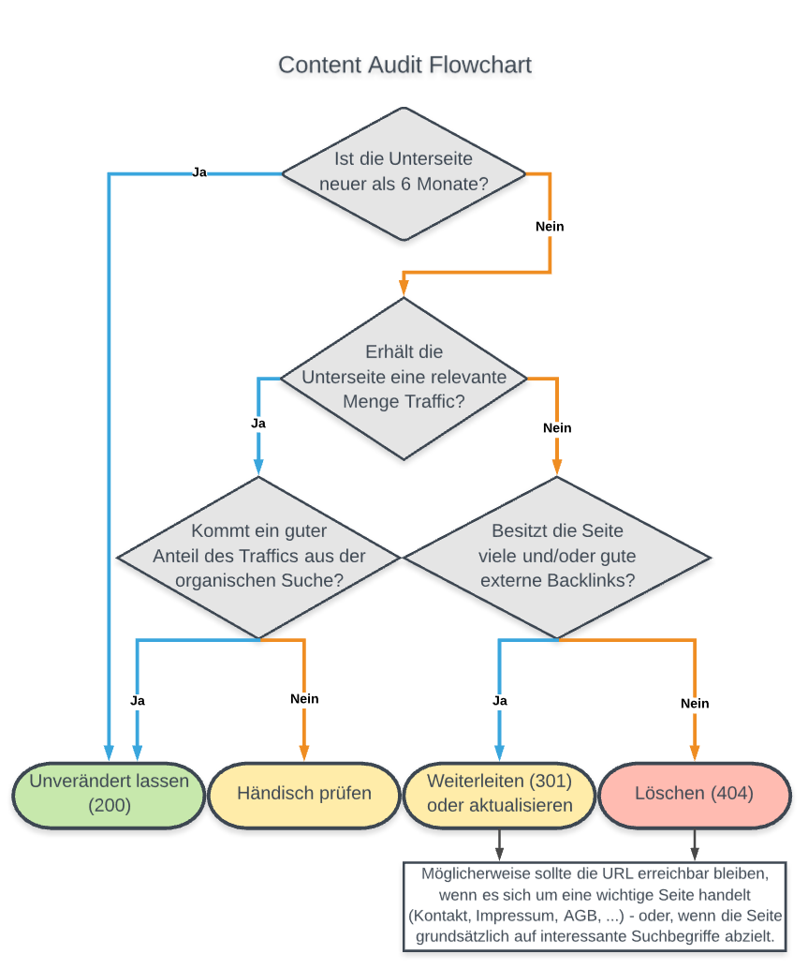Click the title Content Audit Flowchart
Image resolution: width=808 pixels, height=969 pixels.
[404, 65]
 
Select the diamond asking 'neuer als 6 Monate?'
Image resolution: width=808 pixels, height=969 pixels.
[404, 173]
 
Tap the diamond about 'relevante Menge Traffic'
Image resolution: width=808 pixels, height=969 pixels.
[404, 378]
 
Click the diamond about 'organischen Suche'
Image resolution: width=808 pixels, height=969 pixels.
[259, 558]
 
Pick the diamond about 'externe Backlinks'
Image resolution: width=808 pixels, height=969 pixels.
[557, 558]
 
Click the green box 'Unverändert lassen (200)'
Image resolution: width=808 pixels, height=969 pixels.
[110, 793]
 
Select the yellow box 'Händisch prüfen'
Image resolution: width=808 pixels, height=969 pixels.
[304, 793]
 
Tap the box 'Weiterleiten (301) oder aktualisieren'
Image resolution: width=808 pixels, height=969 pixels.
[499, 793]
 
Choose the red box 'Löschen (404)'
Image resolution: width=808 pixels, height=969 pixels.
[694, 793]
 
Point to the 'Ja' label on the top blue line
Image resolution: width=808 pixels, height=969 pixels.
[199, 172]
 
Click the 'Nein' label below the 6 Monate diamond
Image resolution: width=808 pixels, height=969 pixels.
[550, 227]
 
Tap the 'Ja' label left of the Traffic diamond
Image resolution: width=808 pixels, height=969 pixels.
[258, 424]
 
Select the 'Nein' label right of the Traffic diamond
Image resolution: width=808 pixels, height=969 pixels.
[557, 428]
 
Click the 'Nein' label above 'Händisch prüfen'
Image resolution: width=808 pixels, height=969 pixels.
[304, 699]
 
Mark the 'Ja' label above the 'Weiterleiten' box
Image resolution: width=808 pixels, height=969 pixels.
[499, 700]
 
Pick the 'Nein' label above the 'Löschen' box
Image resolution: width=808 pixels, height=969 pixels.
[694, 703]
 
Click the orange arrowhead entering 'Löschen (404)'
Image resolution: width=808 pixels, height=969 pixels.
[694, 752]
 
